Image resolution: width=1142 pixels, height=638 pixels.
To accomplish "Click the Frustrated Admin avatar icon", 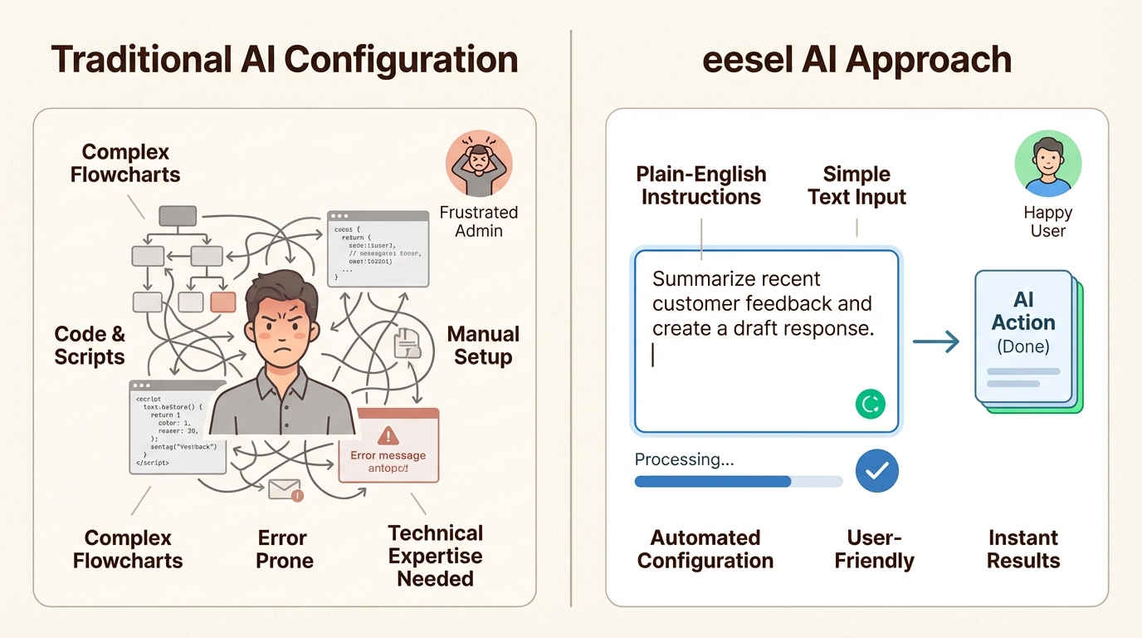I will (x=479, y=163).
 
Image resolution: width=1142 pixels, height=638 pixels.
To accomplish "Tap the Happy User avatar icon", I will (x=1047, y=163).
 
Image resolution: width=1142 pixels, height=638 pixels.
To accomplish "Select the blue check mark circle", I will (x=876, y=471).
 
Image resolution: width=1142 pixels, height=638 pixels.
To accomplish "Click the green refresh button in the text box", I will (x=870, y=405).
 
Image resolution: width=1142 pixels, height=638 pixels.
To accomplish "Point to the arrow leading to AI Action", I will (x=935, y=341).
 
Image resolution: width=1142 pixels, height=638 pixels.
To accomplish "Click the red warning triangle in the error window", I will (x=388, y=435).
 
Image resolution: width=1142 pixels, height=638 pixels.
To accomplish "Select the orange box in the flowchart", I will (x=223, y=301).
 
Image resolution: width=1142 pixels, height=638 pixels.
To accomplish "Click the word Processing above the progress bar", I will (x=684, y=459).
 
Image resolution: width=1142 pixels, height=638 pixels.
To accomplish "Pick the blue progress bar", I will (x=712, y=481).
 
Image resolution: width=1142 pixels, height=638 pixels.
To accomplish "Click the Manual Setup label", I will (x=483, y=346).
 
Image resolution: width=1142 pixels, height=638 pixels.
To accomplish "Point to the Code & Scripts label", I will (x=90, y=346).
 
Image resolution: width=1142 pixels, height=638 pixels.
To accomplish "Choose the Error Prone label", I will (x=284, y=549).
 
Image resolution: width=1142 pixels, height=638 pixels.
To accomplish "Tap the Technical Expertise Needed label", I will (x=435, y=556).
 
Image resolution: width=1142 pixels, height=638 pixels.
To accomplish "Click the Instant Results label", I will (x=1022, y=549).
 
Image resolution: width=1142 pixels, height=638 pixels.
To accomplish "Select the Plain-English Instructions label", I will (x=701, y=185).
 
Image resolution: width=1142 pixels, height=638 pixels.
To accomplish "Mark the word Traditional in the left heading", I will (x=138, y=60).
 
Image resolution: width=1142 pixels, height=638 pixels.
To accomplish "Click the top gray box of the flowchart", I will (x=177, y=216).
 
